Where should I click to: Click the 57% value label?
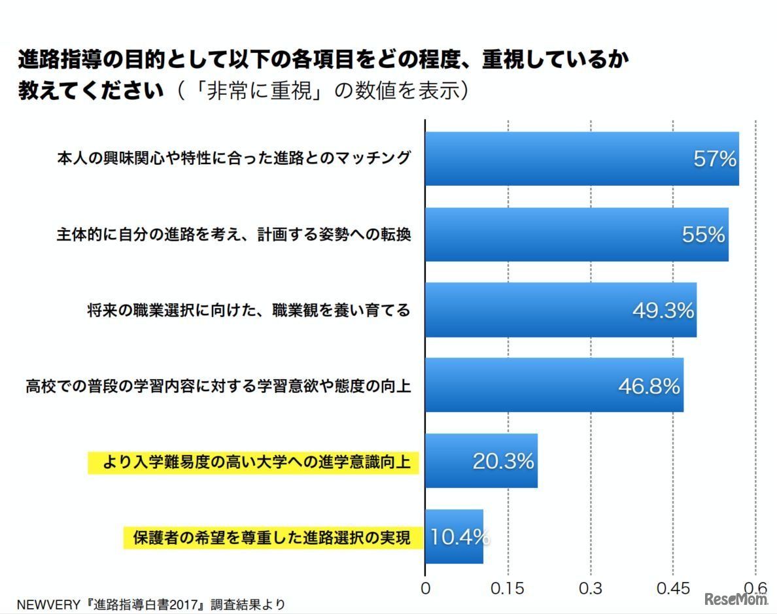715,159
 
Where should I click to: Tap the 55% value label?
704,235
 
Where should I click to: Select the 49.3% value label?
663,311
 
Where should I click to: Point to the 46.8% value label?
649,386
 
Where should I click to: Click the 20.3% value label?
504,462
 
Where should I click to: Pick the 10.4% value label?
460,537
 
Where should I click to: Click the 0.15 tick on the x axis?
508,588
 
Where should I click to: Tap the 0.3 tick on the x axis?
591,588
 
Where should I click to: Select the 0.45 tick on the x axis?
673,588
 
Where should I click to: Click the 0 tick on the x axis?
426,588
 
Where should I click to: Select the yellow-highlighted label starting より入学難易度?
253,463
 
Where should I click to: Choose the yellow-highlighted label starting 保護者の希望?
271,538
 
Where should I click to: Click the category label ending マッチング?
234,159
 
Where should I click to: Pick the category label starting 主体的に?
233,235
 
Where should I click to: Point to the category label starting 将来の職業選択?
249,311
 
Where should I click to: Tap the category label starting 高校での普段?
218,386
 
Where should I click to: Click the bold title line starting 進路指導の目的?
323,61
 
